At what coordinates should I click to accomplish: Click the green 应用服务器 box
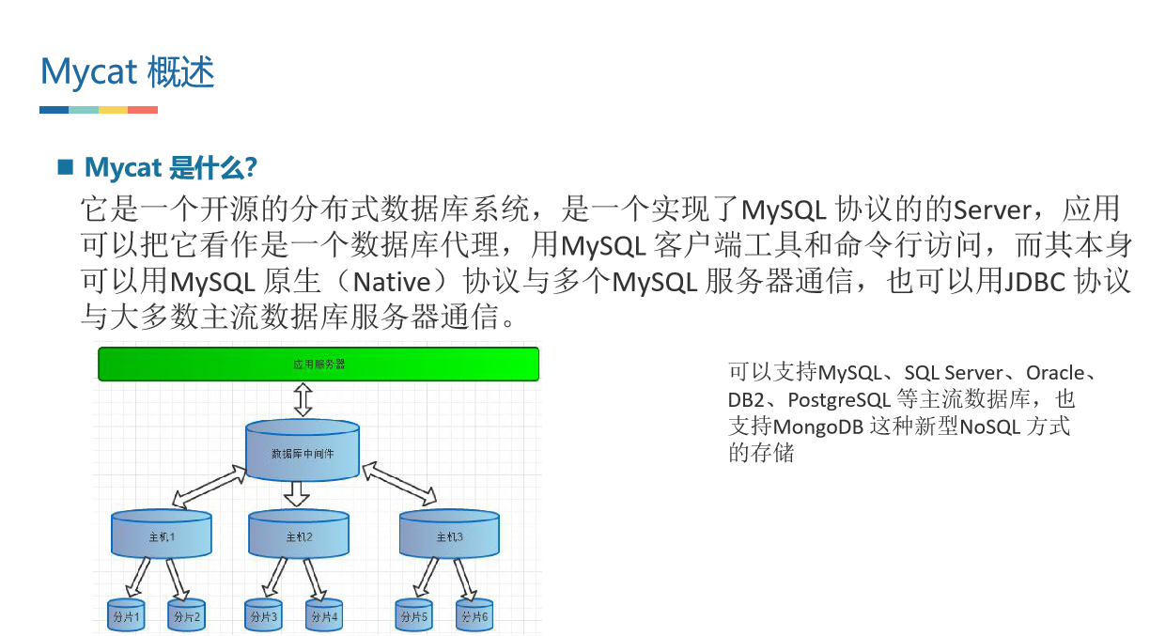click(x=319, y=364)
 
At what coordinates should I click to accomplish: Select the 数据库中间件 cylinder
click(x=302, y=451)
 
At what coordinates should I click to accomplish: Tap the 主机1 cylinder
click(x=162, y=535)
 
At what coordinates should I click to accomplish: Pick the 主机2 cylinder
click(x=299, y=535)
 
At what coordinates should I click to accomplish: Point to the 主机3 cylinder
click(x=449, y=535)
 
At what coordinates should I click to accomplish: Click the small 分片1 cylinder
click(x=126, y=615)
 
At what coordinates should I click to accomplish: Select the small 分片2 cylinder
click(x=186, y=615)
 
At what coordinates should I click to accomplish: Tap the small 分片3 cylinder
click(x=263, y=615)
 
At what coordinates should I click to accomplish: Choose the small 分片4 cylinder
click(x=323, y=615)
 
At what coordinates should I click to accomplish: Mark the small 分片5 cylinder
click(x=413, y=615)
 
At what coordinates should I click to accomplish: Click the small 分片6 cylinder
click(x=474, y=615)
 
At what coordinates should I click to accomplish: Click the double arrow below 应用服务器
click(x=303, y=399)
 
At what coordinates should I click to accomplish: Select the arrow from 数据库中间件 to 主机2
click(x=298, y=493)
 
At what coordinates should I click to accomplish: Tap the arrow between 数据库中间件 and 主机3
click(x=399, y=482)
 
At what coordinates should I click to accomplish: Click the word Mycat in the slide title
click(x=89, y=71)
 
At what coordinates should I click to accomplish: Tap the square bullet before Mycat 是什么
click(x=66, y=167)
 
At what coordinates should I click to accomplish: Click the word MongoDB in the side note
click(x=818, y=426)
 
